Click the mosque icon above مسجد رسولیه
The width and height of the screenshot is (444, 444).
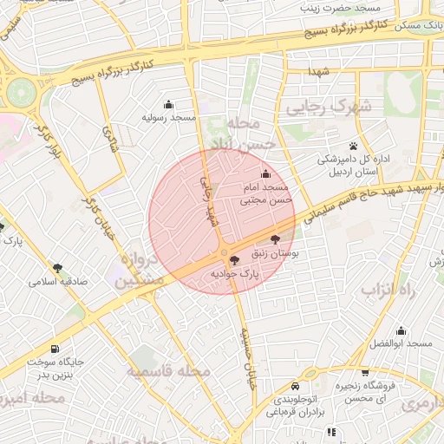pyautogui.click(x=168, y=105)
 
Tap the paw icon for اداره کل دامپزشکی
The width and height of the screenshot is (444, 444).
pyautogui.click(x=354, y=146)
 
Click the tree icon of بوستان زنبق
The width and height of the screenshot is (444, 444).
pyautogui.click(x=275, y=240)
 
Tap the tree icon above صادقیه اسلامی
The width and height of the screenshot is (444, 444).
pyautogui.click(x=58, y=268)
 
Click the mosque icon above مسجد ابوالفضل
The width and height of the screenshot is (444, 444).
pyautogui.click(x=401, y=330)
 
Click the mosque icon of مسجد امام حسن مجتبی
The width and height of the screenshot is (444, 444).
pyautogui.click(x=265, y=175)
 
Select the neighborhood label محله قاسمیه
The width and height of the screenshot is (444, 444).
pyautogui.click(x=170, y=371)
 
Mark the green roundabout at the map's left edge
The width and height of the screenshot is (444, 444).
pyautogui.click(x=20, y=89)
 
